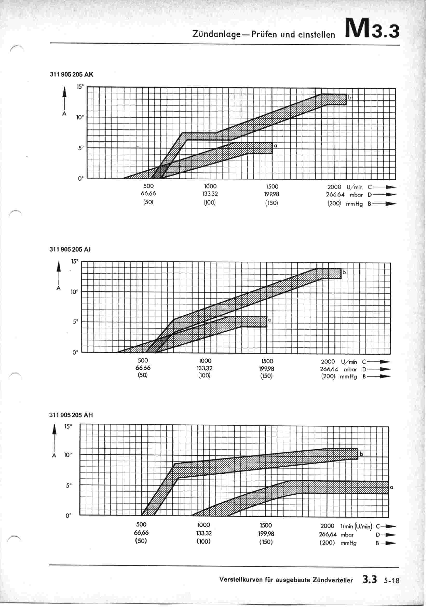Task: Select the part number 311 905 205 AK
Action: (71, 75)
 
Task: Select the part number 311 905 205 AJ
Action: (70, 249)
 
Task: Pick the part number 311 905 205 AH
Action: (71, 415)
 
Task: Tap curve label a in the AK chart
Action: (275, 146)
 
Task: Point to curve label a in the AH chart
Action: (391, 487)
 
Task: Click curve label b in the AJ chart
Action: (344, 272)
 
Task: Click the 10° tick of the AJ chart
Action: (74, 292)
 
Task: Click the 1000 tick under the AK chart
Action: (210, 186)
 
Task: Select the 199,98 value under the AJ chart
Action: (267, 368)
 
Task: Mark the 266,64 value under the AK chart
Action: (335, 194)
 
